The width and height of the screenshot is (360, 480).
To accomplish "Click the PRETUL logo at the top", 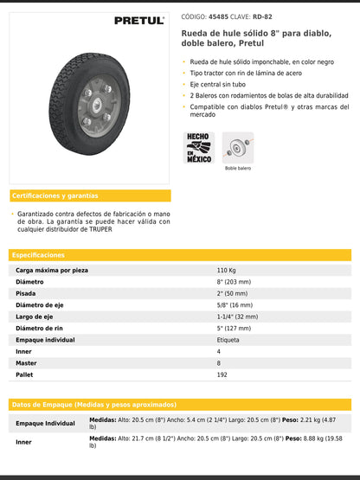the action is (138, 20).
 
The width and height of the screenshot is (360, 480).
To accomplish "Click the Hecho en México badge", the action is (198, 147).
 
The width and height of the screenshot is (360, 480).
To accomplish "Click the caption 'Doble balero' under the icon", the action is (238, 168).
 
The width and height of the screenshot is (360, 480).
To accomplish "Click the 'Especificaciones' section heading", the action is (39, 255).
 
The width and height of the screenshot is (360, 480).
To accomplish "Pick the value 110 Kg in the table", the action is (227, 271).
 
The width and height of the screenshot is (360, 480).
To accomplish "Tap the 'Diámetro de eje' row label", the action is (41, 305).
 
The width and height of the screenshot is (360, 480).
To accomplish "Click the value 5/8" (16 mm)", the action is (234, 305).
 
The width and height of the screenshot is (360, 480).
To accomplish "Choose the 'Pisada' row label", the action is (26, 293).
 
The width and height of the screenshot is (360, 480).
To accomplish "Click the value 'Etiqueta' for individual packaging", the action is (228, 340).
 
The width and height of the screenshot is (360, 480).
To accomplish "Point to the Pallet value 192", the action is (222, 374).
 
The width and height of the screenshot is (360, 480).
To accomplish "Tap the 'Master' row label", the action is (27, 363).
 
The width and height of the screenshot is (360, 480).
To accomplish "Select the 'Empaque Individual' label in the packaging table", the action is (45, 423).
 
